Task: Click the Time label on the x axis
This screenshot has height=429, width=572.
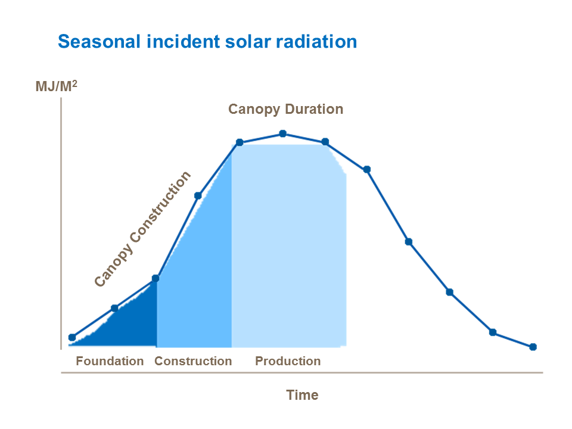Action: (x=302, y=395)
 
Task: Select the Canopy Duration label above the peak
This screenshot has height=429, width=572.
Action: (x=285, y=110)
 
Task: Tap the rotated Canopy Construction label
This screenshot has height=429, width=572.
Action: (x=143, y=229)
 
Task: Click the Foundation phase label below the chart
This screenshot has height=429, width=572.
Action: (x=110, y=361)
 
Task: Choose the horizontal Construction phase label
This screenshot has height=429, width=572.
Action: (x=193, y=361)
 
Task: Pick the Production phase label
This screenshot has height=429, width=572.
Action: (x=288, y=361)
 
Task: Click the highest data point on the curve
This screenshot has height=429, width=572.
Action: (x=283, y=134)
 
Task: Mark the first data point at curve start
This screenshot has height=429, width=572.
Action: (x=72, y=337)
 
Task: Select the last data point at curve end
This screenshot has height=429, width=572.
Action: (x=533, y=347)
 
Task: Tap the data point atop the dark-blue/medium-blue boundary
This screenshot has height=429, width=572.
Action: (x=156, y=278)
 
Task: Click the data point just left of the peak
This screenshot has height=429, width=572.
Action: (x=240, y=142)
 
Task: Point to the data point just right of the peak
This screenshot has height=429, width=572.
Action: (x=325, y=142)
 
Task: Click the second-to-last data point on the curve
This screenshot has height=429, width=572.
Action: (x=493, y=332)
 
